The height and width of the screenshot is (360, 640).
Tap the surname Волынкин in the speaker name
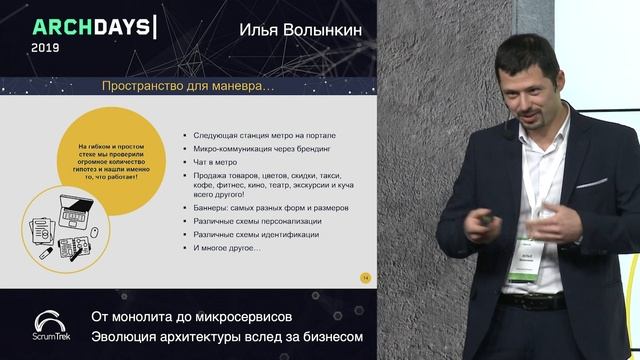(322, 31)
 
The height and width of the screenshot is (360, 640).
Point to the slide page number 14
(365, 277)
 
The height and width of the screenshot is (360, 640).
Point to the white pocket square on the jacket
(590, 184)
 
